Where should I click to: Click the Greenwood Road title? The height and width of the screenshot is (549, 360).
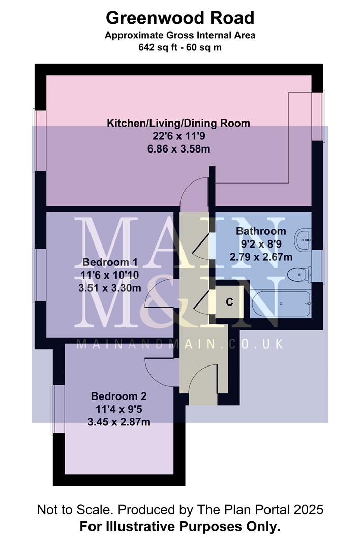(x=180, y=18)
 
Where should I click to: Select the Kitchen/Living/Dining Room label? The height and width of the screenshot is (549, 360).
(x=178, y=123)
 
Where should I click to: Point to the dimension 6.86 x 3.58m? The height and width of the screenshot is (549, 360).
(x=178, y=149)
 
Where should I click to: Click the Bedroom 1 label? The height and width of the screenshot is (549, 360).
(x=110, y=262)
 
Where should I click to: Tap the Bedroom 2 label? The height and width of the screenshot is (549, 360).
(x=118, y=396)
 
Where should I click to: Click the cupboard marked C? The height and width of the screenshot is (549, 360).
(x=229, y=302)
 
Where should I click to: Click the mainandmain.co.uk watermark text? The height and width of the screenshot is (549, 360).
(x=179, y=344)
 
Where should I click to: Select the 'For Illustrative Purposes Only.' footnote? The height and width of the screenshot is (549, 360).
(x=180, y=527)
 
